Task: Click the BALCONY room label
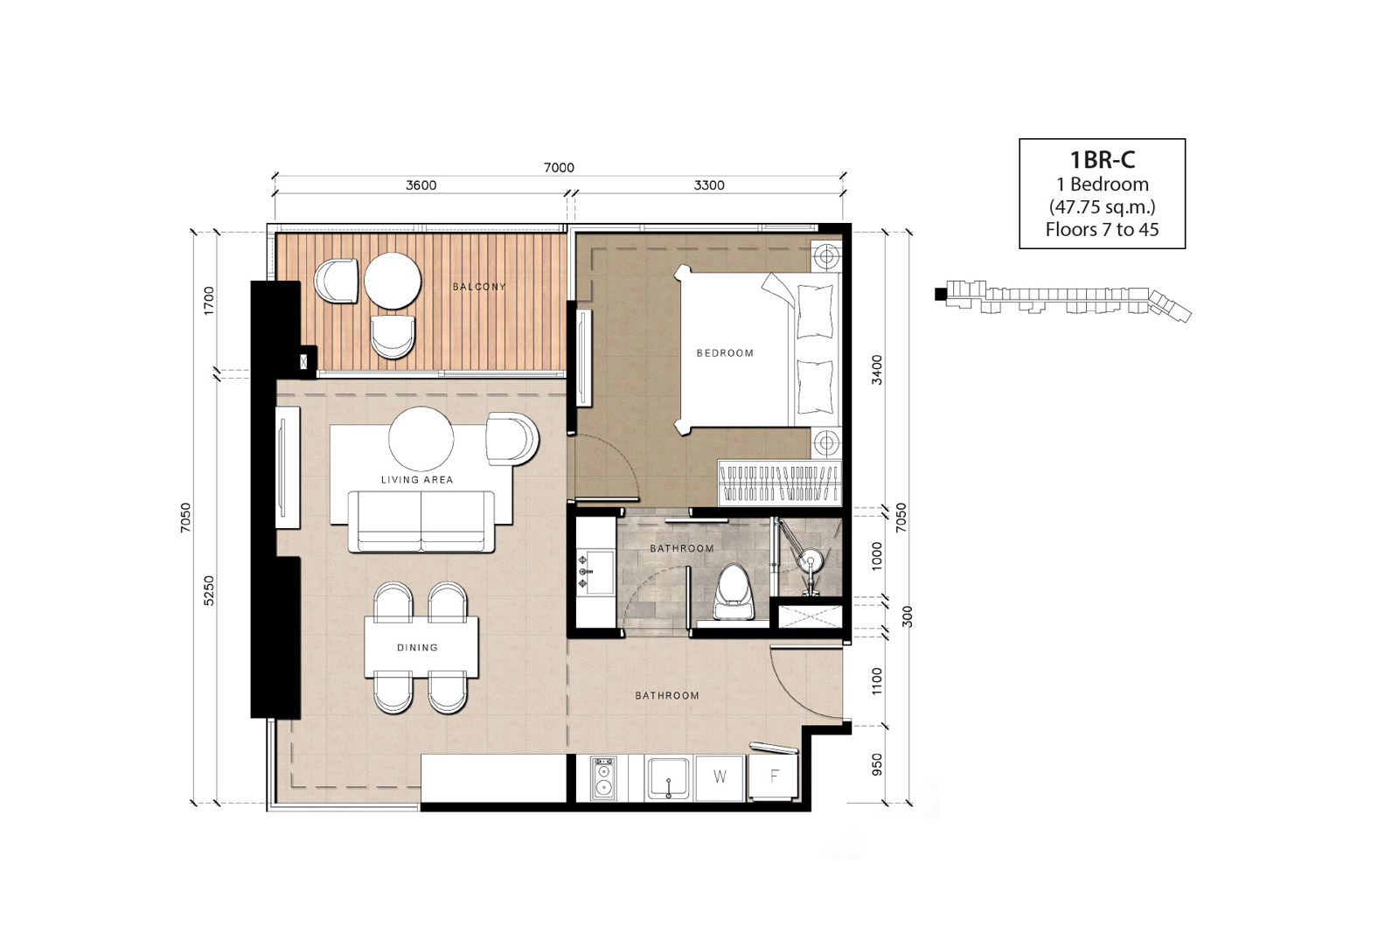tap(479, 287)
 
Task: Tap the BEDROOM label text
tap(725, 353)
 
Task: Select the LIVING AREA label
tap(416, 479)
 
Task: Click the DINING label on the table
tap(417, 648)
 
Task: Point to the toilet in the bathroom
tap(734, 593)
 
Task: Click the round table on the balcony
tap(393, 281)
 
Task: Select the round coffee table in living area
tap(421, 439)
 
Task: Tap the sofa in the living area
tap(421, 521)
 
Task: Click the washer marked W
tap(720, 776)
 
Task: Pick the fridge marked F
tap(774, 776)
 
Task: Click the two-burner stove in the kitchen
tap(603, 778)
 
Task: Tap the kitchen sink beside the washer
tap(668, 778)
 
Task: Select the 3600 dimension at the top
tap(421, 185)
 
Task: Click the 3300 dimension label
tap(709, 185)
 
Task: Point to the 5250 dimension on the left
tap(209, 591)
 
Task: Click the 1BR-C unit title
tap(1103, 160)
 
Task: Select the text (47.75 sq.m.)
tap(1103, 206)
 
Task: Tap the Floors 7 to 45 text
tap(1103, 229)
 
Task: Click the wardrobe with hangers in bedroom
tap(779, 484)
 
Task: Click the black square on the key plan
tap(939, 294)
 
